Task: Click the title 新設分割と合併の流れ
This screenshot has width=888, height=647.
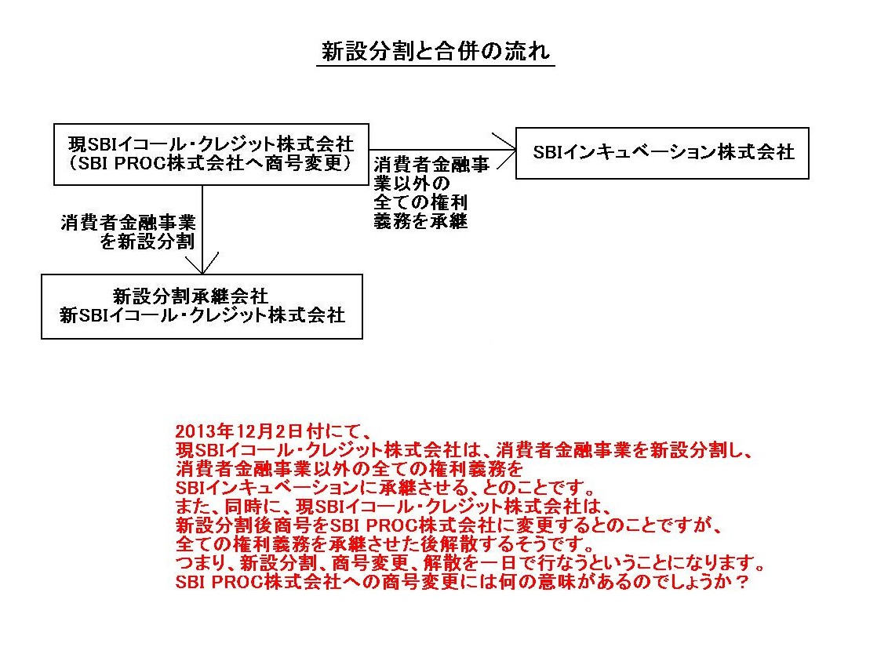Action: pos(435,51)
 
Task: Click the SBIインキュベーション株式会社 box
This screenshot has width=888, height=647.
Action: pos(662,129)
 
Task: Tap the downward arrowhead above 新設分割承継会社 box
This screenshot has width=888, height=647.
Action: pos(202,264)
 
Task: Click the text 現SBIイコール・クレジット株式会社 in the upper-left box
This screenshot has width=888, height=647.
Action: pos(211,144)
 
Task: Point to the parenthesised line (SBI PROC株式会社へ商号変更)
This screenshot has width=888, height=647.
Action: pos(211,163)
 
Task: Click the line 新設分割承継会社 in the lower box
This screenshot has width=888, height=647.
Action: pos(191,296)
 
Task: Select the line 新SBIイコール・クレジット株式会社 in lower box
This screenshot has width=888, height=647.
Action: pos(202,314)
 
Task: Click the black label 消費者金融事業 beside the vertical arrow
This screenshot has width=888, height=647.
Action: pos(128,223)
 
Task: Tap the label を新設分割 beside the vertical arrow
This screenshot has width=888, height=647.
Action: pos(147,242)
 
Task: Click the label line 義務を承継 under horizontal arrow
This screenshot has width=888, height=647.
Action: pos(420,220)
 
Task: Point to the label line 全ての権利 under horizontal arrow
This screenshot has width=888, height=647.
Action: pos(420,202)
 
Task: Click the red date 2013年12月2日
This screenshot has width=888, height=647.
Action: pos(238,431)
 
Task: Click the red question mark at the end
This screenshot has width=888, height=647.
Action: pos(740,582)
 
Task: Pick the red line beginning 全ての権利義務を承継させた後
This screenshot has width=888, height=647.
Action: pos(386,544)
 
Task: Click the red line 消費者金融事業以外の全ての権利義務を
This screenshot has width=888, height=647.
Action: pos(349,469)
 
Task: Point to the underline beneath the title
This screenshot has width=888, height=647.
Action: pos(435,66)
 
